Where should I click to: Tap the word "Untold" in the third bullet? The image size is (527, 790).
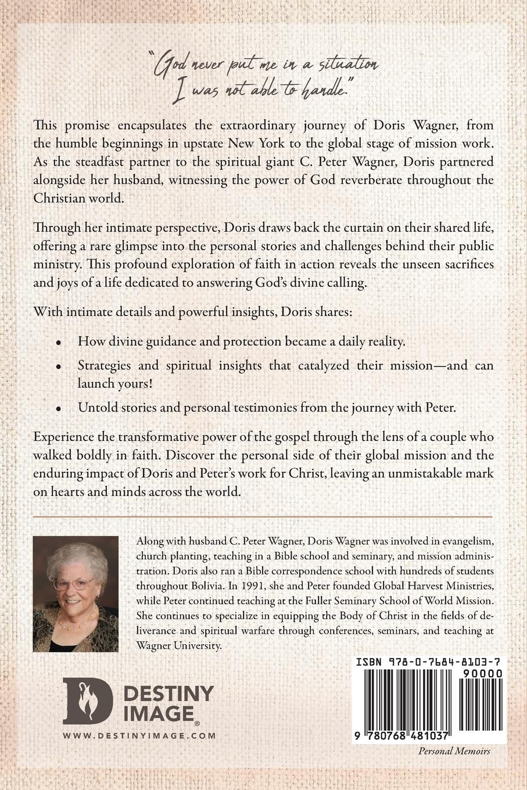point(95,408)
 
